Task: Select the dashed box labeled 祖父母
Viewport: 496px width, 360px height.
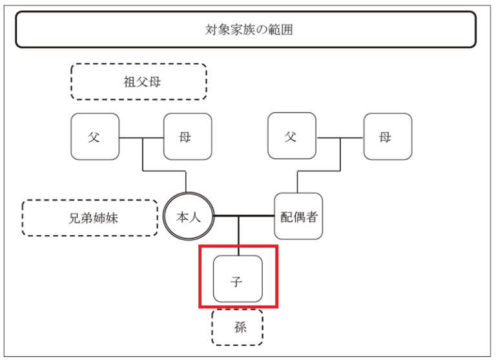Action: [139, 81]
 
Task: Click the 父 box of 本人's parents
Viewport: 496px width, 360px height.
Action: [94, 136]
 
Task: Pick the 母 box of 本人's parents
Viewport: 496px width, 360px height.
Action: [187, 136]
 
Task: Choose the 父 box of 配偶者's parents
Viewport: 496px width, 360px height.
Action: [291, 136]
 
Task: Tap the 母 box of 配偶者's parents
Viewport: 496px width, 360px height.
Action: [387, 136]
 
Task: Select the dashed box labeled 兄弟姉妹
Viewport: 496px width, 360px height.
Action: [90, 218]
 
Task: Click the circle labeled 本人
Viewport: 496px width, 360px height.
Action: [188, 217]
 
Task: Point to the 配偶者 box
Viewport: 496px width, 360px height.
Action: [298, 217]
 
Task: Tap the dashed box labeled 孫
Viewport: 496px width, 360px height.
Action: [238, 327]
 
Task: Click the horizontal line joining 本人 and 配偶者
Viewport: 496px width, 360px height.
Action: [245, 216]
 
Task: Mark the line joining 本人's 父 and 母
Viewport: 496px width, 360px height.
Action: [141, 137]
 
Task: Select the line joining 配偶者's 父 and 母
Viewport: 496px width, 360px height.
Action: [340, 137]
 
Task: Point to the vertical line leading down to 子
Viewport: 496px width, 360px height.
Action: [239, 236]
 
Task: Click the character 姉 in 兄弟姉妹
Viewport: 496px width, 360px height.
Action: [99, 218]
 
